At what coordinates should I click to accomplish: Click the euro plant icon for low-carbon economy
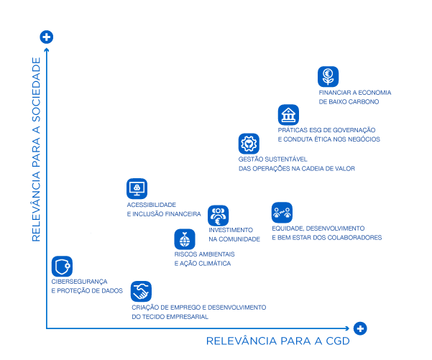(x=328, y=76)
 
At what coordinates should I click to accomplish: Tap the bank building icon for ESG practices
(x=288, y=115)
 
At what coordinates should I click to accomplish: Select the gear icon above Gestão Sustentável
(x=249, y=143)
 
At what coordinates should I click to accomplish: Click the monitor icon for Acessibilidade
(x=137, y=189)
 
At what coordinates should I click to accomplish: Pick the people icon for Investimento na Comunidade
(x=219, y=216)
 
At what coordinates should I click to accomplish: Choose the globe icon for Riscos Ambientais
(x=185, y=239)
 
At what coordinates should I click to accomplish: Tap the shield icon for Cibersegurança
(x=62, y=267)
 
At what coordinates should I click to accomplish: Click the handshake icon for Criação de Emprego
(x=141, y=291)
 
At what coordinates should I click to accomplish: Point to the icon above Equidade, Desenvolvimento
(x=282, y=212)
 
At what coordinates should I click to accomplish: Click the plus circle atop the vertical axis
(x=46, y=37)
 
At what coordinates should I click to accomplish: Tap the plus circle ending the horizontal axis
(x=360, y=328)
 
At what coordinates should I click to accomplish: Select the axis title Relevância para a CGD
(x=277, y=341)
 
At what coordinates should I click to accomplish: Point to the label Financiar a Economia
(x=355, y=93)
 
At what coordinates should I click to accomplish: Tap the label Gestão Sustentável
(x=263, y=159)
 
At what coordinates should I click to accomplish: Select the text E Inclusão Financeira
(x=164, y=214)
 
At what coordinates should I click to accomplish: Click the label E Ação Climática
(x=203, y=264)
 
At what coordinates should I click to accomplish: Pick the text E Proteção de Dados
(x=87, y=290)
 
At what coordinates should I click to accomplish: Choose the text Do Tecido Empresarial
(x=170, y=316)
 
